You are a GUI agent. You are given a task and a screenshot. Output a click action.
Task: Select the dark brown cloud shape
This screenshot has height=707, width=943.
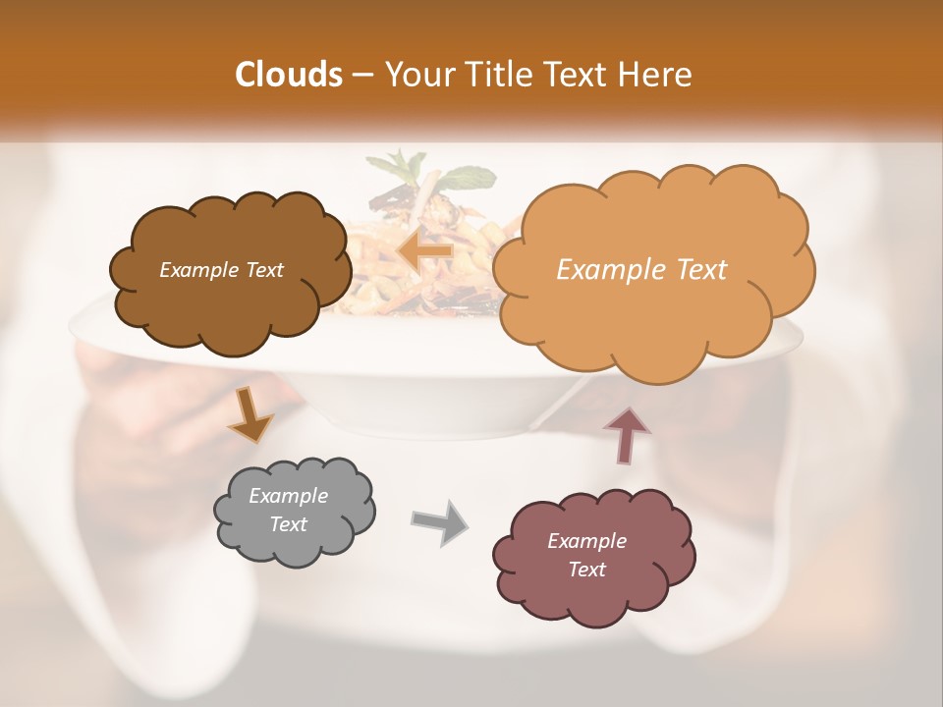[x=230, y=295]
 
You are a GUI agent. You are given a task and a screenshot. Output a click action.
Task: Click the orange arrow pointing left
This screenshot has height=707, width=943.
[x=424, y=250]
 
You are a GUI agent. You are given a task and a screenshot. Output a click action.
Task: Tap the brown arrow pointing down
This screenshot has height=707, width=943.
[x=250, y=413]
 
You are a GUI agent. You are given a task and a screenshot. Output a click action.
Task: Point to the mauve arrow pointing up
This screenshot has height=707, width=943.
[x=626, y=435]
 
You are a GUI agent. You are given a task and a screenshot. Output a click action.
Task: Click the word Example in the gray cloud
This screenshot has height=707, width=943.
[x=288, y=496]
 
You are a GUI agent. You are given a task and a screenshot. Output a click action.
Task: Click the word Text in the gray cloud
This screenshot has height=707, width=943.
[x=288, y=524]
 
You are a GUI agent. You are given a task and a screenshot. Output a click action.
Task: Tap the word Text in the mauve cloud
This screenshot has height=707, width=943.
[x=586, y=570]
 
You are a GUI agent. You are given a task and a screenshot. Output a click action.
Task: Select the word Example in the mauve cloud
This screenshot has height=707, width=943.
[x=586, y=541]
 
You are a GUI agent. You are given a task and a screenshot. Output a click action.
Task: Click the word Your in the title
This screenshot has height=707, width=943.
[x=411, y=75]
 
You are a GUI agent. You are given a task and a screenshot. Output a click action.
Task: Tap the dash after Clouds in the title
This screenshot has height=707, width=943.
[x=361, y=75]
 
